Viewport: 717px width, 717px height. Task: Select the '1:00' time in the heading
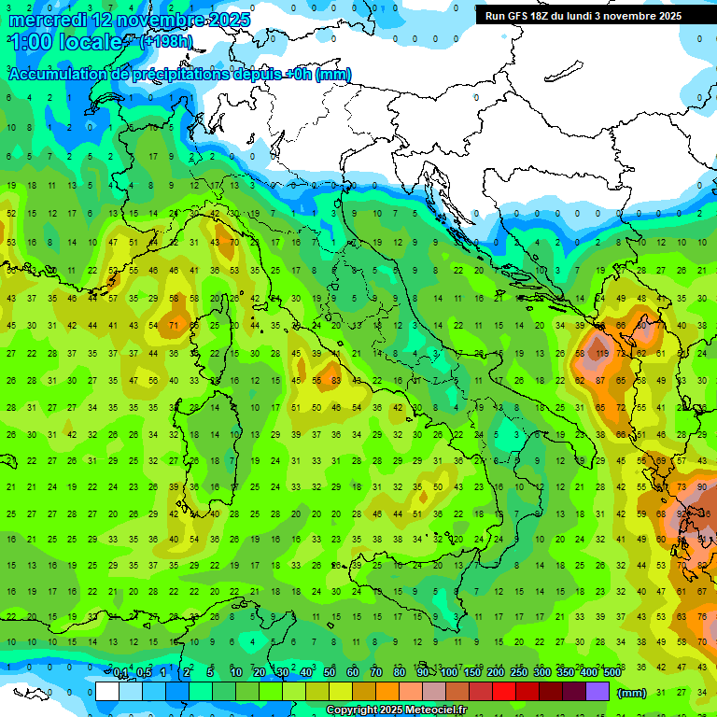click(x=30, y=43)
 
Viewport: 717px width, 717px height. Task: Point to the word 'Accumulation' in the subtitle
click(x=59, y=75)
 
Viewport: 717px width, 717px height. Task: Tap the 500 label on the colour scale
click(x=612, y=673)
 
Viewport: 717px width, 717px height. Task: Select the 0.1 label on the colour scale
click(x=119, y=673)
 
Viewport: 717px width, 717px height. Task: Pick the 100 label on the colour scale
click(x=448, y=673)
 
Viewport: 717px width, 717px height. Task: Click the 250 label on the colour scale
click(x=518, y=673)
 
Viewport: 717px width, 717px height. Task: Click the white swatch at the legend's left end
click(x=106, y=691)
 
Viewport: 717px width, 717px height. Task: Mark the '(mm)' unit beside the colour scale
click(x=631, y=692)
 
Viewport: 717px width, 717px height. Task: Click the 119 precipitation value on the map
click(x=602, y=354)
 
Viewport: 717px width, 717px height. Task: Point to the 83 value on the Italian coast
click(x=333, y=380)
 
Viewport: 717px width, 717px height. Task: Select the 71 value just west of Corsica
click(x=174, y=326)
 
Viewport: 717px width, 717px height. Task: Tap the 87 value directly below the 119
click(x=602, y=380)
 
